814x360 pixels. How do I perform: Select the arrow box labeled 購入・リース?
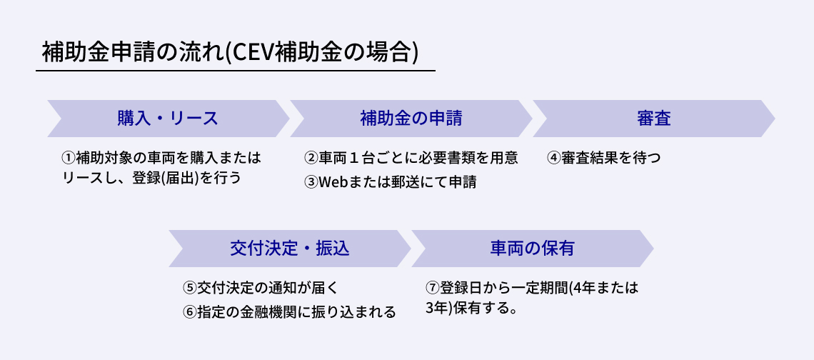(x=168, y=119)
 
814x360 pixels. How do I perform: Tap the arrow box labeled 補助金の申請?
(x=411, y=119)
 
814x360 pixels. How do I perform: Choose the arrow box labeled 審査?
(x=653, y=119)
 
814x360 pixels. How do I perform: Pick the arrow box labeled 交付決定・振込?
(x=289, y=249)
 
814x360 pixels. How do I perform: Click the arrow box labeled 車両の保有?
(x=532, y=249)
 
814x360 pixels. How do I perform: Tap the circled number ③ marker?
(x=311, y=182)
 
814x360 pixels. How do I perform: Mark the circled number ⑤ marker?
(x=190, y=288)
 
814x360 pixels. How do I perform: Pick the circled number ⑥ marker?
(x=190, y=312)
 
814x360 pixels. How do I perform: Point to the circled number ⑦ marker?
(x=433, y=288)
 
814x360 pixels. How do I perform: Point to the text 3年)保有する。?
(x=471, y=309)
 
